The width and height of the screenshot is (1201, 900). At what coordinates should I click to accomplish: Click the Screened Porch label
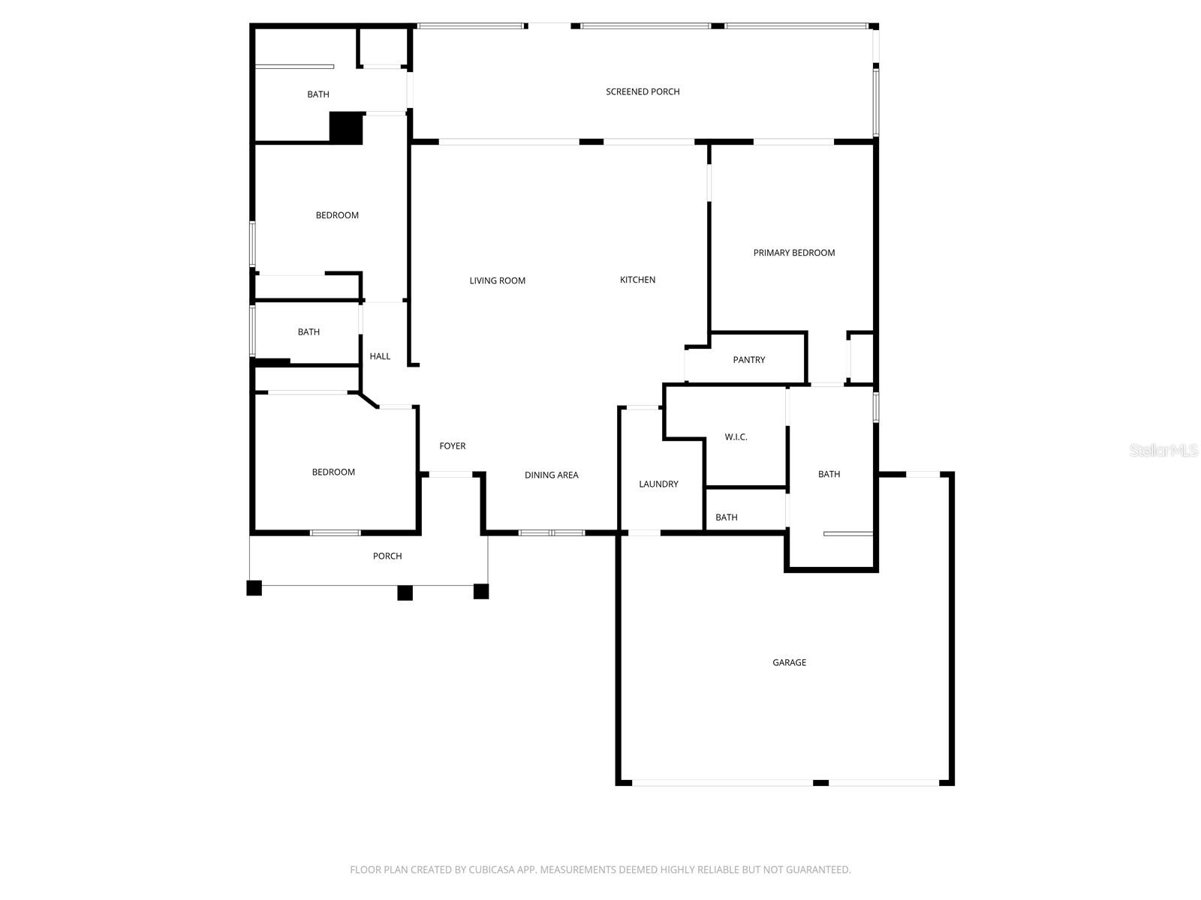(643, 91)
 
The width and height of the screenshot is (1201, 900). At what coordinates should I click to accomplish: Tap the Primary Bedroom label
(793, 253)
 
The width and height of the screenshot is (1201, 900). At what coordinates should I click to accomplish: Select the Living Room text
(497, 280)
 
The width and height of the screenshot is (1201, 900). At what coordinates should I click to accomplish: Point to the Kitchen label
(637, 280)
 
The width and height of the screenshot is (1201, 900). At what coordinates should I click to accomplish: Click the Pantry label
(748, 360)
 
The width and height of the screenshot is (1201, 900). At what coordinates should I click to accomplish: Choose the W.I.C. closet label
(736, 436)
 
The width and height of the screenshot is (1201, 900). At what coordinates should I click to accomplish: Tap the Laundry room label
(658, 484)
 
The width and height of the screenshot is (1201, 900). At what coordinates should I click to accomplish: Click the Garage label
(789, 662)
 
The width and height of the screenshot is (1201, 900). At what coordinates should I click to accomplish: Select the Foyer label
(452, 445)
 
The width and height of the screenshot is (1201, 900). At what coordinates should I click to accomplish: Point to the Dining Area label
(551, 475)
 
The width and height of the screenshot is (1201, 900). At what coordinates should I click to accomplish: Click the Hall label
(380, 356)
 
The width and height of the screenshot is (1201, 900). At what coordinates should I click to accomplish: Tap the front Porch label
(387, 556)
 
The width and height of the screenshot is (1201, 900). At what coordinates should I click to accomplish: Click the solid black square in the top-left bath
(346, 127)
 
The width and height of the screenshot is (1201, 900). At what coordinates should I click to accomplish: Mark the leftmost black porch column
(254, 588)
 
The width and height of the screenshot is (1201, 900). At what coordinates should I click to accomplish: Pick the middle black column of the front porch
(405, 592)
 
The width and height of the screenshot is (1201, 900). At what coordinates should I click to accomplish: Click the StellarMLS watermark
(1163, 450)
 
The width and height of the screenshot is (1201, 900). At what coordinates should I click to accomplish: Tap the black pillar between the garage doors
(820, 782)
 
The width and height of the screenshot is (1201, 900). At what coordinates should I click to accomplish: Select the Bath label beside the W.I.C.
(829, 474)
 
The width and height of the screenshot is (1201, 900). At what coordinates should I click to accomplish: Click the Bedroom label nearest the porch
(333, 472)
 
